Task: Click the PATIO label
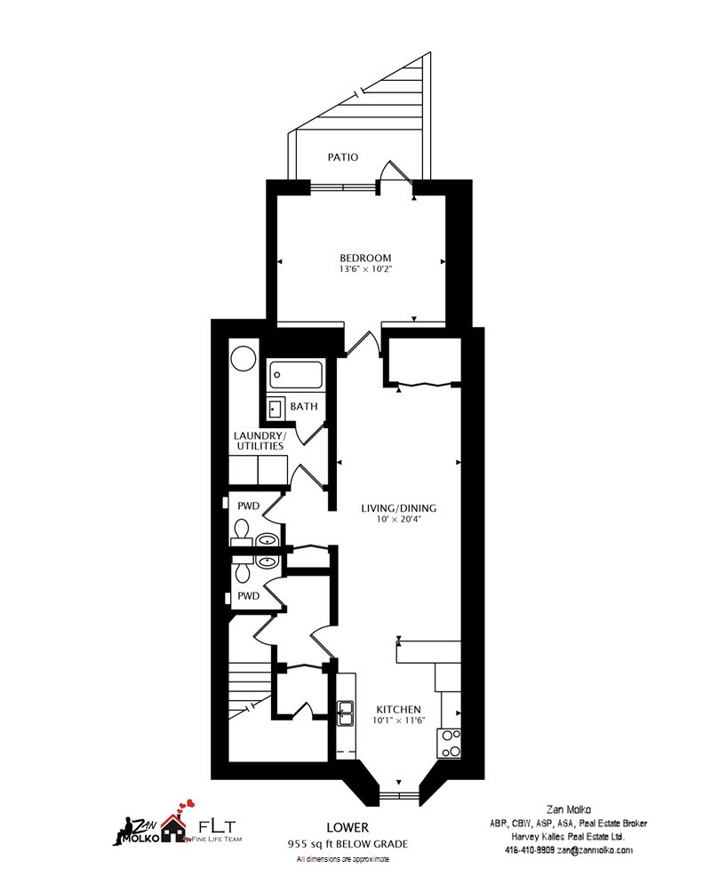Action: click(x=343, y=157)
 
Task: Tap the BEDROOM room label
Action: click(x=365, y=259)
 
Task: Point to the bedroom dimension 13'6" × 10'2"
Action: click(x=365, y=268)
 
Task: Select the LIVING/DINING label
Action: click(x=398, y=508)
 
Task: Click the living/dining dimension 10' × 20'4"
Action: click(x=398, y=519)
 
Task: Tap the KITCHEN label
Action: click(x=398, y=710)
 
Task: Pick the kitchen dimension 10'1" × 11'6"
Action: click(x=398, y=721)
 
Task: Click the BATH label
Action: click(x=304, y=406)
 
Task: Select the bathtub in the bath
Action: click(x=296, y=376)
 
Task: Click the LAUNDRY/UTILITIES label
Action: click(x=260, y=441)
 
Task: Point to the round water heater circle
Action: click(x=244, y=359)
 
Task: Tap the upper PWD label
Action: click(x=249, y=506)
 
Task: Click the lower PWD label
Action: click(x=249, y=596)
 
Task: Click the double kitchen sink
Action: click(x=345, y=713)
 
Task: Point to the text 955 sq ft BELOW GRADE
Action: click(x=348, y=844)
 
